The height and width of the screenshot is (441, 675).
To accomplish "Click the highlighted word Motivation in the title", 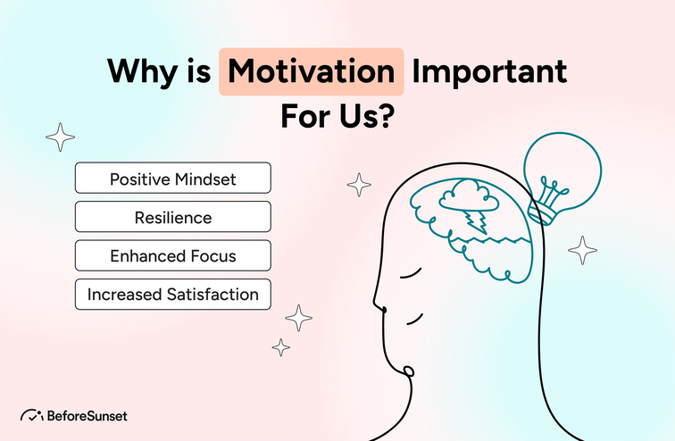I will pyautogui.click(x=312, y=71).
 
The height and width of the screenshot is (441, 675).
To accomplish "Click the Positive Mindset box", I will pyautogui.click(x=172, y=178).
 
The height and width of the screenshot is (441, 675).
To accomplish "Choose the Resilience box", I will pyautogui.click(x=172, y=217).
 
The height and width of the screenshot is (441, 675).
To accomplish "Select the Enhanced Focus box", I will pyautogui.click(x=172, y=255).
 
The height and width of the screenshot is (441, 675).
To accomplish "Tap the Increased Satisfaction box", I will pyautogui.click(x=172, y=294).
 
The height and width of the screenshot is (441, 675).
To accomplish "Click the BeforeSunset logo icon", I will pyautogui.click(x=32, y=415).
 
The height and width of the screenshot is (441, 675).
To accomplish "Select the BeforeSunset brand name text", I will pyautogui.click(x=87, y=416).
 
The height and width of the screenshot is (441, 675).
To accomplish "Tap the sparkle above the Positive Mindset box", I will pyautogui.click(x=61, y=137).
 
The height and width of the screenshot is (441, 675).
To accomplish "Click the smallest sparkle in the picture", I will pyautogui.click(x=281, y=347).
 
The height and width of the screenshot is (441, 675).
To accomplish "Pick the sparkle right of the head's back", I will pyautogui.click(x=582, y=250).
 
